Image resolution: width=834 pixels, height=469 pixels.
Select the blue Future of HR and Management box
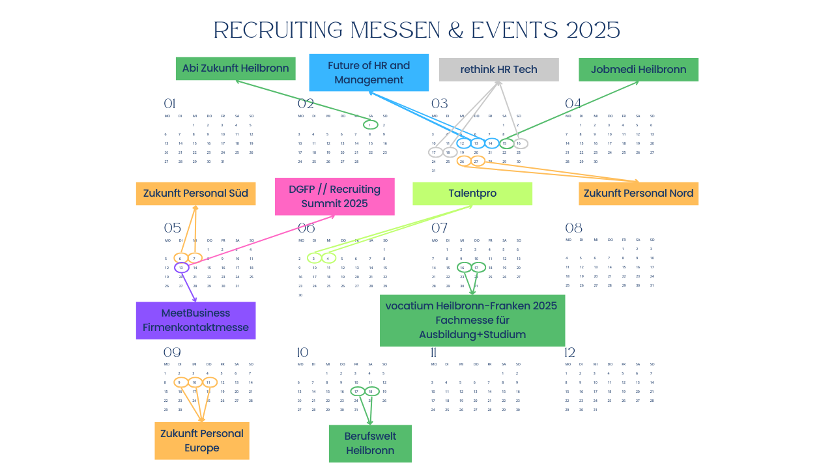click(x=369, y=72)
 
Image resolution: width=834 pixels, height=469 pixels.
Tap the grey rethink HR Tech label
click(x=498, y=70)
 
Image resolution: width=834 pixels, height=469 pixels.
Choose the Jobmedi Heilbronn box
click(x=639, y=70)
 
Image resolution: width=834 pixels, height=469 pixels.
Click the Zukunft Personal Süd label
click(x=195, y=193)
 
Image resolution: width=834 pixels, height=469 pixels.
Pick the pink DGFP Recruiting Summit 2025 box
click(x=335, y=196)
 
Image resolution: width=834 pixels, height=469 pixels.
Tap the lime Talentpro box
click(x=472, y=193)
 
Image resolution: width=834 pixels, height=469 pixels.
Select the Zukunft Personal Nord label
click(x=639, y=193)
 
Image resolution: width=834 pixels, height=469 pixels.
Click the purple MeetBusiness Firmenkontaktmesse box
click(x=195, y=320)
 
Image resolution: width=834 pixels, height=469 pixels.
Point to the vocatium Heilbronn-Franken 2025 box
click(x=472, y=320)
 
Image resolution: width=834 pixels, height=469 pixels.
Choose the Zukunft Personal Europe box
click(x=202, y=441)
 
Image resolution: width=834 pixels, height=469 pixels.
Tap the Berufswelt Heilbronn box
click(x=370, y=444)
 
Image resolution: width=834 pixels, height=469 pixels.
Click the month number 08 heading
click(x=573, y=228)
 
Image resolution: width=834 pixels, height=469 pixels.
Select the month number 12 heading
click(x=570, y=352)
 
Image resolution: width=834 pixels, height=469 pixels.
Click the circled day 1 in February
click(x=370, y=125)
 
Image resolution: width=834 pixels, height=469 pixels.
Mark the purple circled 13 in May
click(x=181, y=268)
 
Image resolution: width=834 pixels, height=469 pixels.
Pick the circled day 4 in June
click(x=329, y=259)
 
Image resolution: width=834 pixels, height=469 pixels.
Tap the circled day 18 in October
click(x=371, y=391)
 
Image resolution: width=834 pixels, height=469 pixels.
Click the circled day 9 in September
click(x=180, y=382)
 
